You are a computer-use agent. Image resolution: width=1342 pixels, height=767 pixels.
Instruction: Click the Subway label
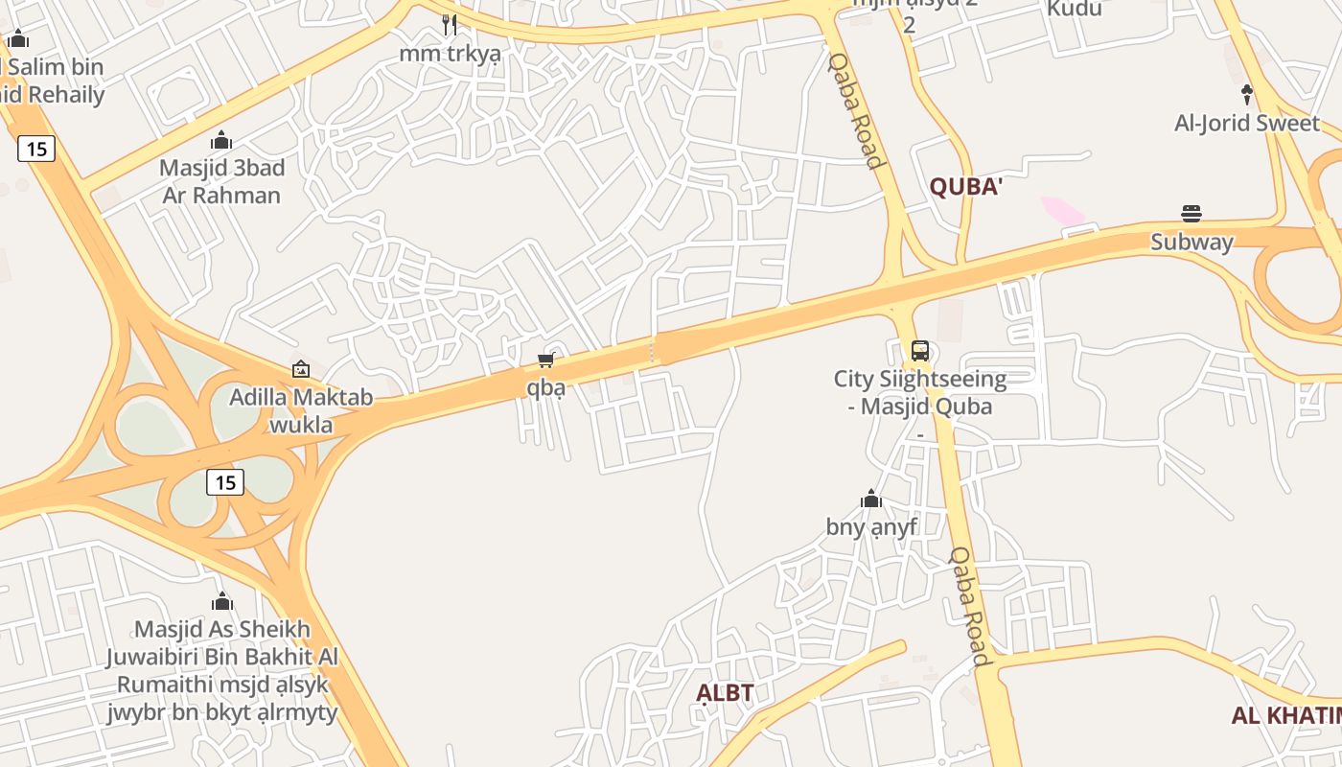coord(1192,242)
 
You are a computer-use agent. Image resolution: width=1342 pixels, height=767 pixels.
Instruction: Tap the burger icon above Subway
coord(1192,213)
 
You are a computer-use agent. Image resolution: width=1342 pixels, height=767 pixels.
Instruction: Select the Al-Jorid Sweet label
coord(1246,124)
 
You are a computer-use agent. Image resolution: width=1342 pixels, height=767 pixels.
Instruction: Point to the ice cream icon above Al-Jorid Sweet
coord(1246,94)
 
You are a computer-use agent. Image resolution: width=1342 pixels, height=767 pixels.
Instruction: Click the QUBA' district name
coord(965,187)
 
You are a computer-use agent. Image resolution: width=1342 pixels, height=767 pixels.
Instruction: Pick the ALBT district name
coord(725,692)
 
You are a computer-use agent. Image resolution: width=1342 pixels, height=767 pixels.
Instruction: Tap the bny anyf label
coord(871,526)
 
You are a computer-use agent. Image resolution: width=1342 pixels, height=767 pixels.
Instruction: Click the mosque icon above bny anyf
coord(870,499)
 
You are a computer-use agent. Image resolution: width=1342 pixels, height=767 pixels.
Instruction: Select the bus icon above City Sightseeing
coord(919,351)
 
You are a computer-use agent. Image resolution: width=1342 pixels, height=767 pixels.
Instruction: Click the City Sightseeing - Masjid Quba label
coord(920,392)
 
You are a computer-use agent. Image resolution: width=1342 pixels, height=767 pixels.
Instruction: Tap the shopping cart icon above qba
coord(545,360)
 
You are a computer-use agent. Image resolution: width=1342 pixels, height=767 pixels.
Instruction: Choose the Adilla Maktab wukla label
coord(301,410)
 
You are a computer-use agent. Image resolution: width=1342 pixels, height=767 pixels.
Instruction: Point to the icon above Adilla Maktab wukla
coord(300,369)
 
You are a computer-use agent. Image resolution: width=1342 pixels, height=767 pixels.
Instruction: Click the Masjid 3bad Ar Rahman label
coord(221,181)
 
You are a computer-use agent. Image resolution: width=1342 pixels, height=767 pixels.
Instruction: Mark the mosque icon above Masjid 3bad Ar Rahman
coord(221,141)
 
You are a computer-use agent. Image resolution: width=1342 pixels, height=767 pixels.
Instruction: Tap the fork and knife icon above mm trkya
coord(450,24)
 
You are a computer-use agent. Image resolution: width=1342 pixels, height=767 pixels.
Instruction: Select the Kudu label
coord(1074,9)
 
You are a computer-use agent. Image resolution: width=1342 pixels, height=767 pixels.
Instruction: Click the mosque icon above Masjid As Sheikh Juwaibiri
coord(221,601)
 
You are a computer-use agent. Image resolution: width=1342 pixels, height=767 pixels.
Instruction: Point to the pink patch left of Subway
coord(1063,210)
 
